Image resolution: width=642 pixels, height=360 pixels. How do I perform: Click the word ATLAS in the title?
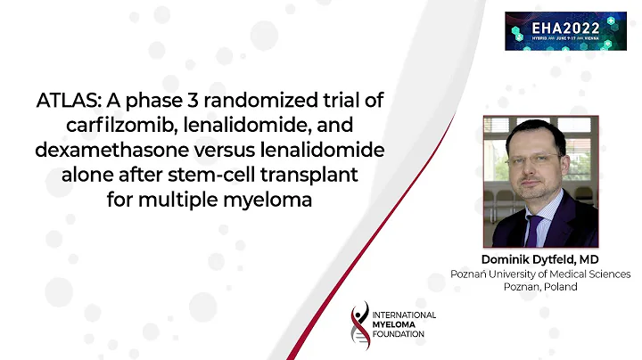pos(60,98)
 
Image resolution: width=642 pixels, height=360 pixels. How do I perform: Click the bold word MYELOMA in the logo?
pos(396,325)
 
